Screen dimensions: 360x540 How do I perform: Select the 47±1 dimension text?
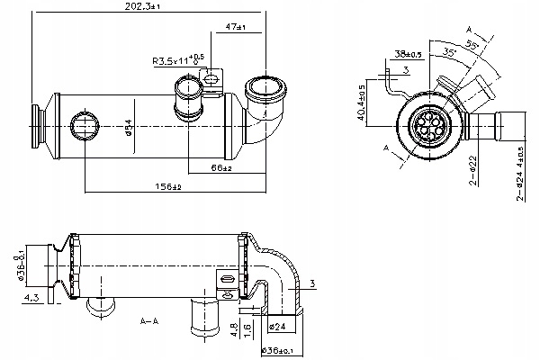237,27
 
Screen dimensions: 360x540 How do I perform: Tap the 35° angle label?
448,53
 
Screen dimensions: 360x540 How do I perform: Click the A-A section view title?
150,320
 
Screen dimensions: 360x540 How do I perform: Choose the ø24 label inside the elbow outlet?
279,327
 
